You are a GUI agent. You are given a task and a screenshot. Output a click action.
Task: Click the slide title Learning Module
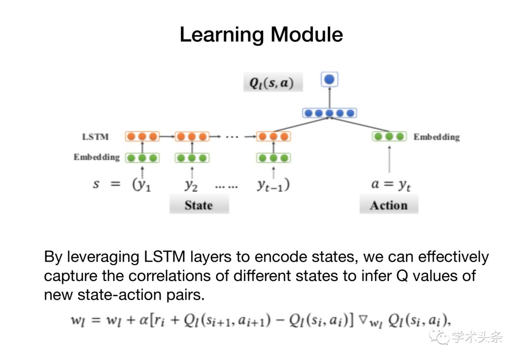tap(261, 35)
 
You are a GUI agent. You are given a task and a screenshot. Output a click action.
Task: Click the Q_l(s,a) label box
tap(273, 82)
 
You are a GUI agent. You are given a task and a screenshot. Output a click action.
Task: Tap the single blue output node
tap(329, 80)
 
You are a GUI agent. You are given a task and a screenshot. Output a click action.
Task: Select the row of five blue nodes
tap(329, 113)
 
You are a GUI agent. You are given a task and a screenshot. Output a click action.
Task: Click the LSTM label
tap(95, 137)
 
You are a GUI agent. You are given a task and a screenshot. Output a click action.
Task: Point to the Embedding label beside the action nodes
tap(436, 137)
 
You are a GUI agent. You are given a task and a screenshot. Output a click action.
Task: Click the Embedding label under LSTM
tap(96, 157)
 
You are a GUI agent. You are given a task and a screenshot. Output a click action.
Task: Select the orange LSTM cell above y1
tap(142, 136)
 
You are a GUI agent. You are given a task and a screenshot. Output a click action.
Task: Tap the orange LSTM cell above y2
tap(192, 136)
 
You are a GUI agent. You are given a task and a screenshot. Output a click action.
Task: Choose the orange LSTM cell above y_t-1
tap(273, 136)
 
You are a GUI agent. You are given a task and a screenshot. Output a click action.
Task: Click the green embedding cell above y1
tap(142, 158)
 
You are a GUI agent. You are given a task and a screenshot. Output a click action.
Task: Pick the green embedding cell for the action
tap(390, 136)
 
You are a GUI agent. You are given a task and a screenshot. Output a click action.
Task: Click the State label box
tap(199, 204)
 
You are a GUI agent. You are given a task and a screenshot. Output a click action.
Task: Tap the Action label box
tap(389, 204)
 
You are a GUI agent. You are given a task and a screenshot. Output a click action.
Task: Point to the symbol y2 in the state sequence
tap(191, 185)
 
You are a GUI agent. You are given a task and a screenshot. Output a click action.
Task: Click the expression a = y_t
tap(391, 185)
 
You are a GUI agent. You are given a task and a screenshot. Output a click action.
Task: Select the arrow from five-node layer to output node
tap(329, 97)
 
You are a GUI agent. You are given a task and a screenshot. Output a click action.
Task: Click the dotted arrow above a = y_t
tap(390, 159)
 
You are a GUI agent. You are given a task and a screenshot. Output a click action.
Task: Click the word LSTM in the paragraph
tap(165, 257)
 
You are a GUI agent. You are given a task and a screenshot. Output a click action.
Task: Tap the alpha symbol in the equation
tap(143, 320)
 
